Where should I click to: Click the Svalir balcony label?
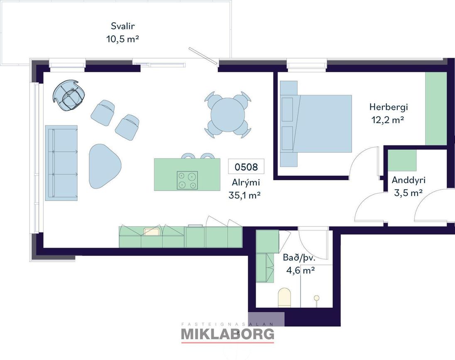[123, 26]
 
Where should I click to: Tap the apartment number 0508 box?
[246, 167]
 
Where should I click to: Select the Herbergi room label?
[389, 107]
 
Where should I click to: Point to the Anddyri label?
[408, 180]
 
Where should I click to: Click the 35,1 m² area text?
[245, 196]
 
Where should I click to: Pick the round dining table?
[228, 114]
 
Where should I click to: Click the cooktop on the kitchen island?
[187, 180]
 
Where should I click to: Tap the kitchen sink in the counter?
[152, 231]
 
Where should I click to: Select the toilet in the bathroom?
[284, 298]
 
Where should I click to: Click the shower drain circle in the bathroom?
[317, 298]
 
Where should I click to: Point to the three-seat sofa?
[61, 163]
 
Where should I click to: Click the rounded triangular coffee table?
[105, 167]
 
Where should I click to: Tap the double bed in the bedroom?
[316, 124]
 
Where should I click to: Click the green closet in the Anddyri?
[402, 160]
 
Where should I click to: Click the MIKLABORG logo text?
[227, 334]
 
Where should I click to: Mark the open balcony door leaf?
[203, 56]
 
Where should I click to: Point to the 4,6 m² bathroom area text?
[301, 271]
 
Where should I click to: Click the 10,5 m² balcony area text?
[122, 39]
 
